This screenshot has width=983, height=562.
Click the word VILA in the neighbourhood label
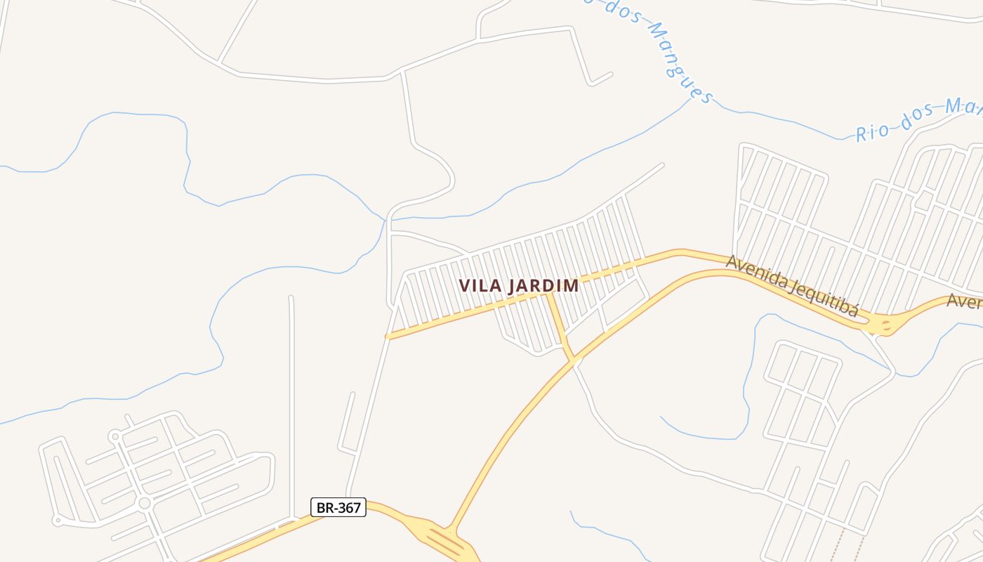point(479,286)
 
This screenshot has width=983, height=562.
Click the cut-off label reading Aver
point(964,301)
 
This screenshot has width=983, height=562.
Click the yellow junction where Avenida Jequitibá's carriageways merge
point(883,325)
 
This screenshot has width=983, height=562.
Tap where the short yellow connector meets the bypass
point(574,360)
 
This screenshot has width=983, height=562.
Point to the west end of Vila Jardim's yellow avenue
point(388,336)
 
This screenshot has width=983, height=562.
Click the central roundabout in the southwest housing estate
point(145,503)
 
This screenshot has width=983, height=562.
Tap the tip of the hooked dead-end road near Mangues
point(611,74)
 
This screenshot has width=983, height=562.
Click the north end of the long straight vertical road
point(291,298)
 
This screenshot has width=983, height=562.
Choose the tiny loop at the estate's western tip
point(57,521)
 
